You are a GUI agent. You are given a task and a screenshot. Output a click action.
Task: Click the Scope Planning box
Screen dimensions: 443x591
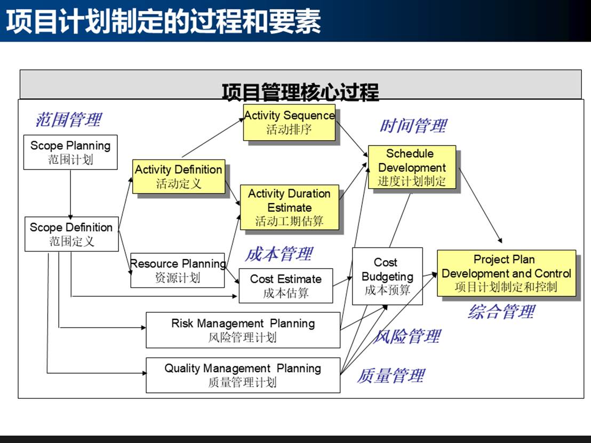tap(70, 152)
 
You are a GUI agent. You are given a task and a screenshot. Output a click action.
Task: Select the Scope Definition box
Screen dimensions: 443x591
tap(71, 234)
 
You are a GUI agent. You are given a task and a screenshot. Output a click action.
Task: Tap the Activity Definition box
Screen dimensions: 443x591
tap(179, 176)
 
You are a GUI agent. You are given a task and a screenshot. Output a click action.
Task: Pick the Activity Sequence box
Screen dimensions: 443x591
tap(290, 122)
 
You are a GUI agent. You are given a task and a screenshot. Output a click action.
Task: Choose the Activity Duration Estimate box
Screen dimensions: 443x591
tap(290, 207)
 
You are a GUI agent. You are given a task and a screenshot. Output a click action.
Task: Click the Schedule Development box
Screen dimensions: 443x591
tap(412, 167)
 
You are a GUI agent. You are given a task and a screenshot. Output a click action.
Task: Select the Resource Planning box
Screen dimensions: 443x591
tap(178, 270)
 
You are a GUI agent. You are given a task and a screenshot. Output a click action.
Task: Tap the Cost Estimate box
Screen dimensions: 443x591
tap(286, 286)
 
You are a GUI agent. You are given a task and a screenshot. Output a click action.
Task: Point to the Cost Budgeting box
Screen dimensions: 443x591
tap(387, 276)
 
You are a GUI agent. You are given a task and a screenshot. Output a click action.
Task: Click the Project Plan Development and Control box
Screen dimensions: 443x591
tap(506, 273)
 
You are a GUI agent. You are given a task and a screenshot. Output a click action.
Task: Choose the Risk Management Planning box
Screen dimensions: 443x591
tap(243, 330)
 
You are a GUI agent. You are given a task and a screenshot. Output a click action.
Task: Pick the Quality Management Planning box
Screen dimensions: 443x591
tap(243, 375)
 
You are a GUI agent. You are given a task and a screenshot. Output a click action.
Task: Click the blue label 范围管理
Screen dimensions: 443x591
tap(68, 119)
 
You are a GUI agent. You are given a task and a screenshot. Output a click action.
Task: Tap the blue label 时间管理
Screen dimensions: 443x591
tap(413, 126)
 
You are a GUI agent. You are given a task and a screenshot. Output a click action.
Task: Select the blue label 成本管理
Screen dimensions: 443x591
tap(278, 254)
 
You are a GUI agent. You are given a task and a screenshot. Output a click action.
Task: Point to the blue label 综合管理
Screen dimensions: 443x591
tap(501, 311)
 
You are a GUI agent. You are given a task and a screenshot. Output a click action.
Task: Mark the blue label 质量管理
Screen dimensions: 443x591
tap(391, 375)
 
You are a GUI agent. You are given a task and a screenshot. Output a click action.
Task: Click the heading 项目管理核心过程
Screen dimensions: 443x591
tap(300, 92)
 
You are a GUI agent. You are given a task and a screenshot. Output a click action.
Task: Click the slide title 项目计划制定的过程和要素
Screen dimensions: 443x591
tap(163, 21)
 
